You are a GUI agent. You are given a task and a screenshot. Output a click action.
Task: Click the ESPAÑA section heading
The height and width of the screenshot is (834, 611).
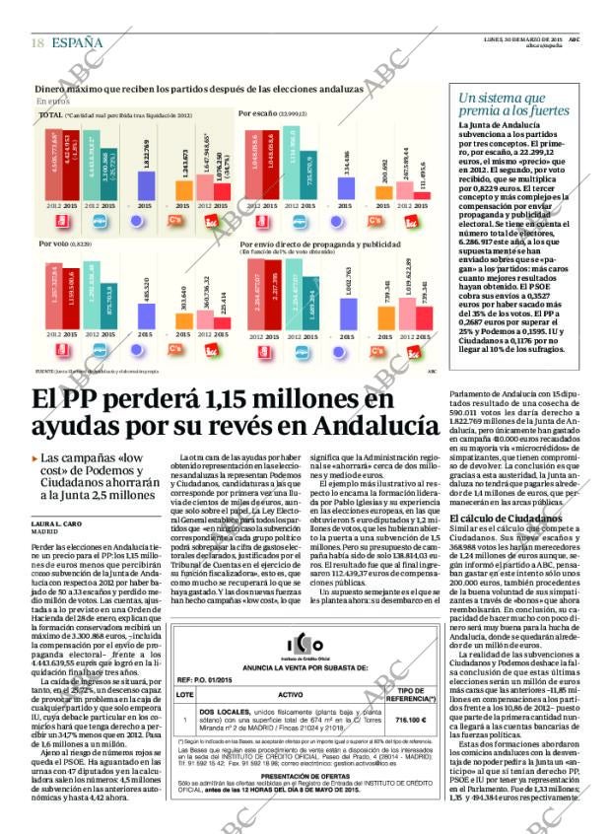77,42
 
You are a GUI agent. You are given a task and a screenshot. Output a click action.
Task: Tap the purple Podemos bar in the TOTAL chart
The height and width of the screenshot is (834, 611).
146,182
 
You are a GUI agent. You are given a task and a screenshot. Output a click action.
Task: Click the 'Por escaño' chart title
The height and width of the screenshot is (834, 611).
258,113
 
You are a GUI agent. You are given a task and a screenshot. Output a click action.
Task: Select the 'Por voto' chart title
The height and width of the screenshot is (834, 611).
58,243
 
